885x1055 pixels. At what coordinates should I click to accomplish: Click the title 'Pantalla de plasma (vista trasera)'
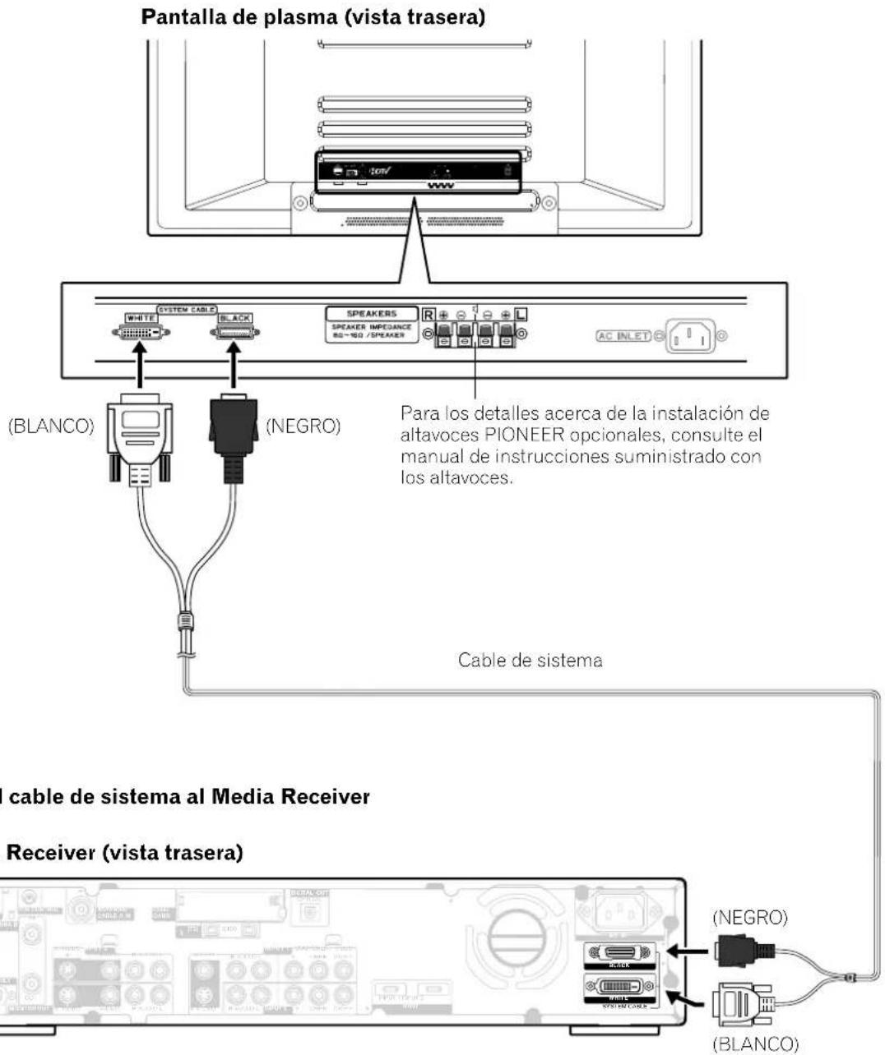coord(313,18)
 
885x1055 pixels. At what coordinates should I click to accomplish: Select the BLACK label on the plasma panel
coord(235,318)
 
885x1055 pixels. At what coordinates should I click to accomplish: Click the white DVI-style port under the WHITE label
coord(141,333)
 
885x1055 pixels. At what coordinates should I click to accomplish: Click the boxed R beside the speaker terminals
coord(429,313)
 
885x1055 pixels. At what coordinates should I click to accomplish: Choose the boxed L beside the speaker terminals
coord(521,313)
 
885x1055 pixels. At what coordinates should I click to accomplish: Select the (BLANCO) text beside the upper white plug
coord(50,429)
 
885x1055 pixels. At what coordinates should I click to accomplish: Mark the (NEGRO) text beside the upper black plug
coord(305,429)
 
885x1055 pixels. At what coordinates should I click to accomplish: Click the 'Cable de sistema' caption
coord(530,660)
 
